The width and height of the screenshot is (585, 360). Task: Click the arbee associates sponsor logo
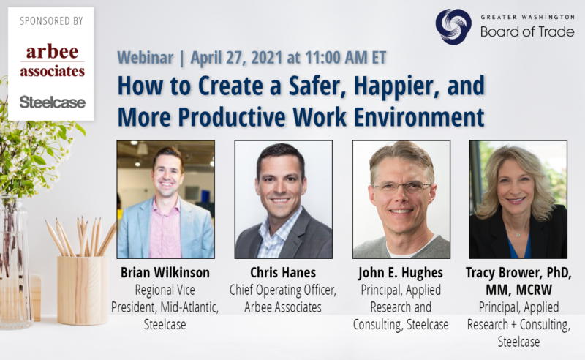[52, 61]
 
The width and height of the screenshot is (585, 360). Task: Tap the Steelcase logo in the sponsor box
[52, 102]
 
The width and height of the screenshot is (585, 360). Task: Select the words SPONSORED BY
[51, 21]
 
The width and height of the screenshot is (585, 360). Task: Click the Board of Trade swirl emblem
[453, 27]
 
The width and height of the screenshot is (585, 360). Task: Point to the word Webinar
[145, 58]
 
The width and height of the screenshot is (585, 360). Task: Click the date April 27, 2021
[236, 58]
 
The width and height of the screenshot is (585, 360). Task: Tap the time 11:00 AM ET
[346, 58]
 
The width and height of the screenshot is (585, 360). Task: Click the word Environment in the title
[419, 117]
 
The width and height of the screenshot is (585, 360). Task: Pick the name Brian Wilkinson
[165, 273]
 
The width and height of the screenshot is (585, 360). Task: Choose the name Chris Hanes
[283, 273]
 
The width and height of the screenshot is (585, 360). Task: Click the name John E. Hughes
[401, 273]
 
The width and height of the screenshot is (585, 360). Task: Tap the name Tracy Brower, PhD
[518, 273]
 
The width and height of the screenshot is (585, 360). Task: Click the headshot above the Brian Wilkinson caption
[166, 200]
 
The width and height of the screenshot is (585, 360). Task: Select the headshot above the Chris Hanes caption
[284, 200]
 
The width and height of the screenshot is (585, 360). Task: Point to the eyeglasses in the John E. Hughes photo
[401, 187]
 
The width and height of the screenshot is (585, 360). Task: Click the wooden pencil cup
[83, 290]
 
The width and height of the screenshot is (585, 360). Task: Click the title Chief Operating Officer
[282, 290]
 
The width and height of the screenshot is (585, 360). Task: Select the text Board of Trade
[527, 32]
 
